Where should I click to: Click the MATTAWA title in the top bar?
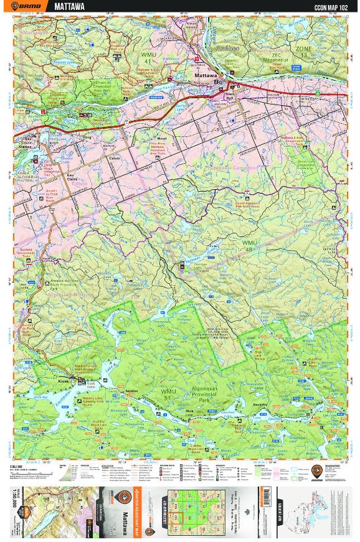tap(70, 6)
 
